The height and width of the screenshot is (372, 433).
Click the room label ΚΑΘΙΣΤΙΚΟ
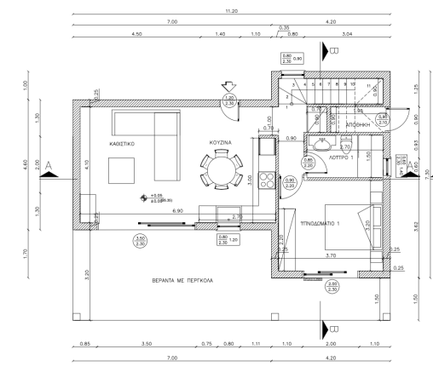(x=123, y=145)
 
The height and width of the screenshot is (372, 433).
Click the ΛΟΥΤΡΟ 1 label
(x=341, y=157)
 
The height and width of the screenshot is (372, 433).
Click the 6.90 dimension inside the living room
(x=179, y=209)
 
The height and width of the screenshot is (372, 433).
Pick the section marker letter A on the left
(x=51, y=163)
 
